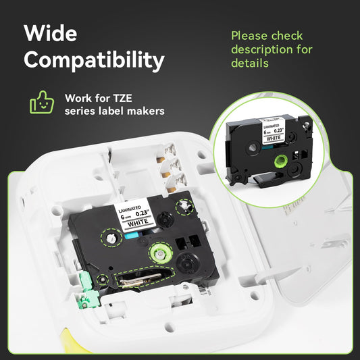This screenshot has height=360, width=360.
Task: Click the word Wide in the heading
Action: tap(50, 33)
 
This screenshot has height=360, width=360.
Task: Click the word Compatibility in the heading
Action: tap(94, 60)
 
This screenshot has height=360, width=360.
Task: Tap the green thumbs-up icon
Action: tap(42, 103)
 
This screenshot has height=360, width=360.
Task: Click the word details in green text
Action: tap(250, 63)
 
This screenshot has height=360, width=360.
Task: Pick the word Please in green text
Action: tap(249, 36)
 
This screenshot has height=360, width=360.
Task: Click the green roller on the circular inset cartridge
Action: tap(280, 161)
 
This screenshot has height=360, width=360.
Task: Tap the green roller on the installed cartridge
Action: tap(160, 253)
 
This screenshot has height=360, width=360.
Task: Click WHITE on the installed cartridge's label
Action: tap(138, 223)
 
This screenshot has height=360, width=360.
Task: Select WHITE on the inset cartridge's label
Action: tap(274, 138)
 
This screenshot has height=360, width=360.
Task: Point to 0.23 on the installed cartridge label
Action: tap(142, 213)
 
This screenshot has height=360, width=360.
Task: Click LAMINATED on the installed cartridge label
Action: tap(130, 209)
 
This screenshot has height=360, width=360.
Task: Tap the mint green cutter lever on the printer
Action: tap(89, 290)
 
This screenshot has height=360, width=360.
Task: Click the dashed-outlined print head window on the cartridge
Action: tap(144, 278)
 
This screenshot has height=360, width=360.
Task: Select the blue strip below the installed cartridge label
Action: tap(131, 235)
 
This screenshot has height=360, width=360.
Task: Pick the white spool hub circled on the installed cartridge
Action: tap(111, 238)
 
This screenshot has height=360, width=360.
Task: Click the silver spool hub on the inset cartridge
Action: tap(253, 147)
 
